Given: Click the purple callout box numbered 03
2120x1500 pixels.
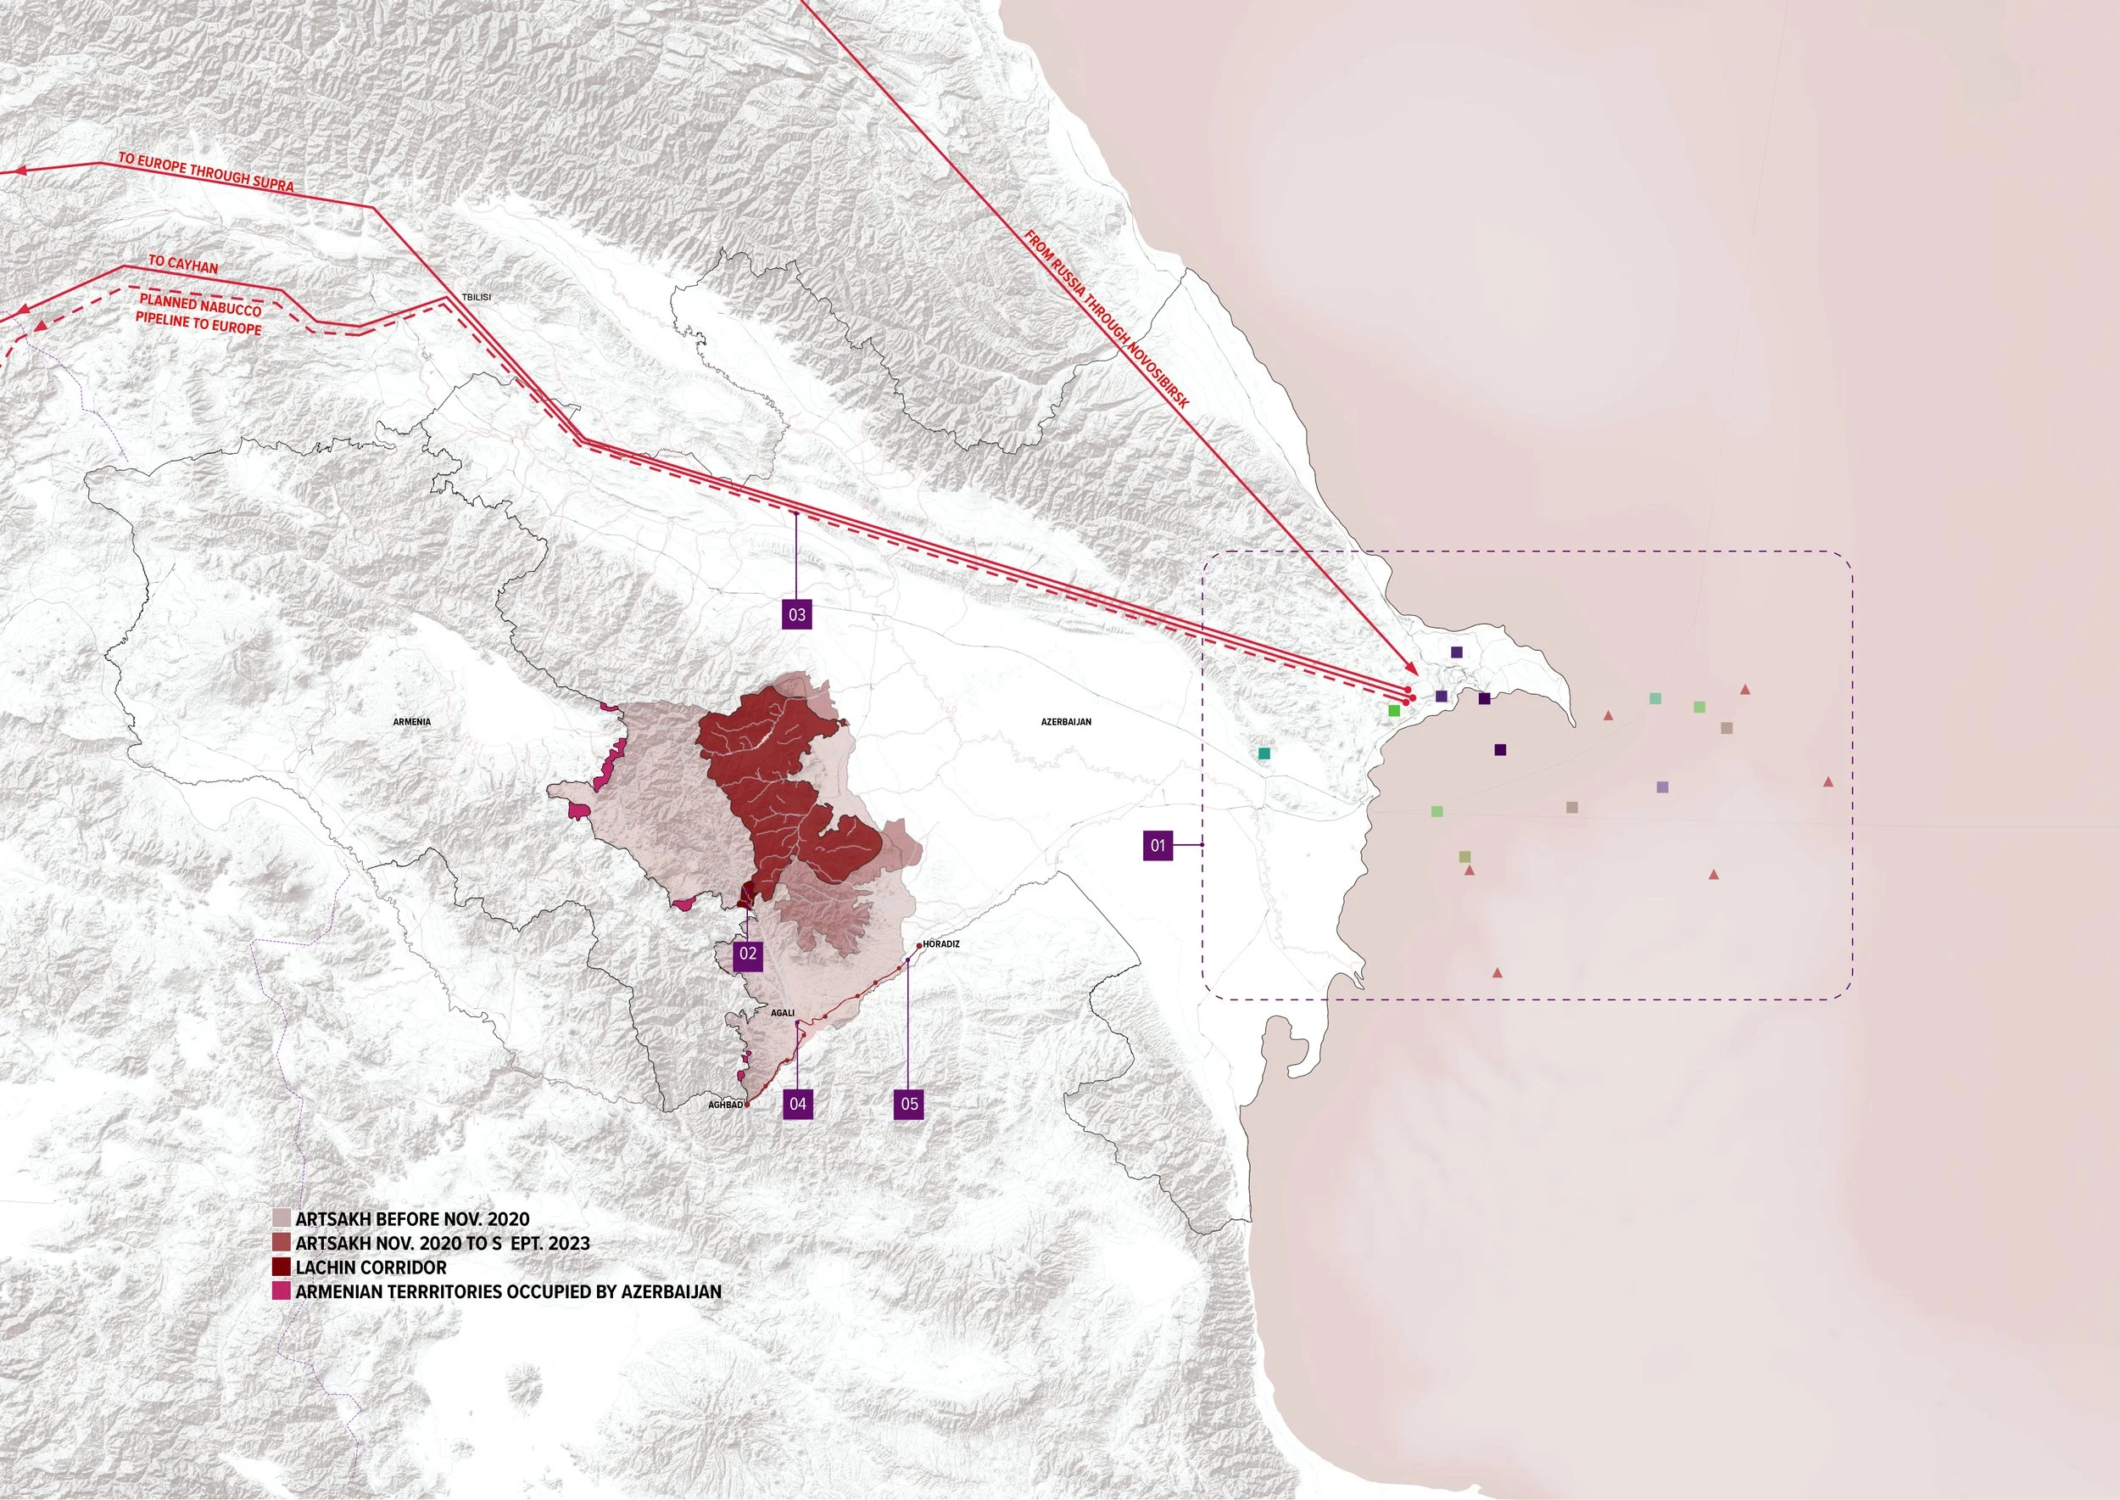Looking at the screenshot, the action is [797, 614].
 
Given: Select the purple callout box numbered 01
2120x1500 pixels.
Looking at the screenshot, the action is [1158, 845].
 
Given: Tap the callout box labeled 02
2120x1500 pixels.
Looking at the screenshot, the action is [748, 955].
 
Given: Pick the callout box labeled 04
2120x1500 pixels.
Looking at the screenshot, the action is [798, 1104].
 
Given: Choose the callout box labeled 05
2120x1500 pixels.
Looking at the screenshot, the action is [910, 1104].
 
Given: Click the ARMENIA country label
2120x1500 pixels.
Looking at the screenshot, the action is [412, 721].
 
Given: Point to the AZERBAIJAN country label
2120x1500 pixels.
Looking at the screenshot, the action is [1067, 721].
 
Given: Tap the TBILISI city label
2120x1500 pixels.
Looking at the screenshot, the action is [477, 298].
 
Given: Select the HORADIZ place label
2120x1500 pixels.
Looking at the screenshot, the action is [941, 944].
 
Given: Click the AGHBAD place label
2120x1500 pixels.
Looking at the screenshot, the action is [725, 1105].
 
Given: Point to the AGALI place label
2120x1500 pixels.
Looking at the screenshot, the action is [782, 1013].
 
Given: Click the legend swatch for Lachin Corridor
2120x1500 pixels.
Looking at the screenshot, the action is [282, 1268].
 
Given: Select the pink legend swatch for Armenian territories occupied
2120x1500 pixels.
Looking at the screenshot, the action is [282, 1291].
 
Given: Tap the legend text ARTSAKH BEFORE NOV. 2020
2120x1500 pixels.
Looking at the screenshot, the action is [412, 1219].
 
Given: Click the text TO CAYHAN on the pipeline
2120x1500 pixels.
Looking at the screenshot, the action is [184, 265].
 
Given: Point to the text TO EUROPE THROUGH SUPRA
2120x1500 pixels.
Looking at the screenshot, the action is [206, 171].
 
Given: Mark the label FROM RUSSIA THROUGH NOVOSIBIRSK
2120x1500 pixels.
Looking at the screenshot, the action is [1107, 319].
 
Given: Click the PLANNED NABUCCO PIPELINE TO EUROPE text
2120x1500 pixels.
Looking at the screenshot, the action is [199, 314].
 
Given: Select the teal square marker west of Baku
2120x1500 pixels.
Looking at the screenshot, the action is [1264, 753].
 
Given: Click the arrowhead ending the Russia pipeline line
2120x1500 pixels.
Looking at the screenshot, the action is [1411, 669].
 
